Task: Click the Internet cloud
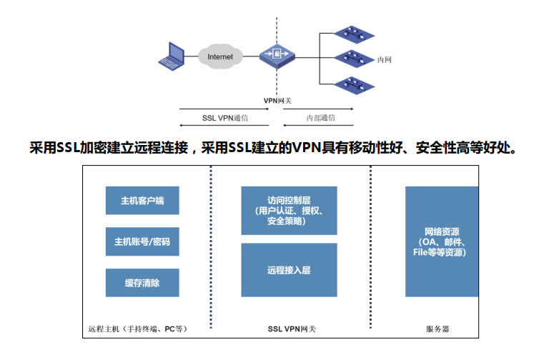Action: (219, 56)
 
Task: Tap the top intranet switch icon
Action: (353, 33)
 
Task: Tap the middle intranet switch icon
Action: (353, 57)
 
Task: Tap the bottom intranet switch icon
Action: (353, 84)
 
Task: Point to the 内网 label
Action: (385, 60)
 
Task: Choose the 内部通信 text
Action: (320, 118)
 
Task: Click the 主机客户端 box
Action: (142, 201)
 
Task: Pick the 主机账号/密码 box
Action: (142, 241)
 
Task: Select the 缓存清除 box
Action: (142, 283)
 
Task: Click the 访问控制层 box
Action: (289, 210)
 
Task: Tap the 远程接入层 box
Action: (289, 271)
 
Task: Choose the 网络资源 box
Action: (442, 241)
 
